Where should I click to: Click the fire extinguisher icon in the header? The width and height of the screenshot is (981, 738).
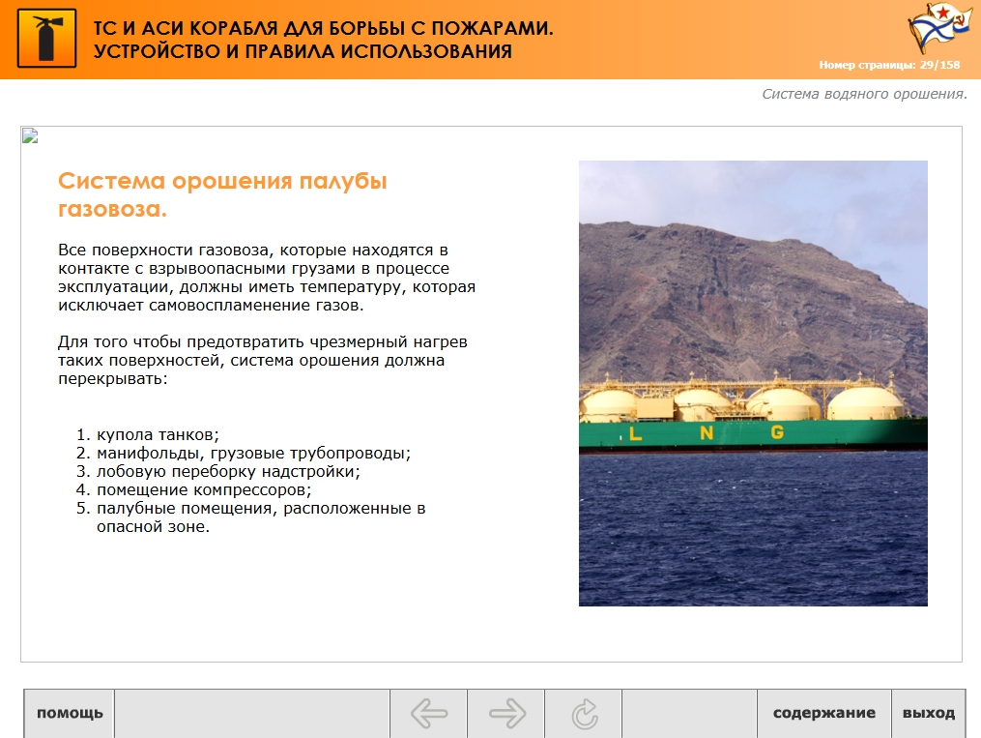[x=47, y=38]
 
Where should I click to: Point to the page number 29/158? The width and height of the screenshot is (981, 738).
[x=939, y=65]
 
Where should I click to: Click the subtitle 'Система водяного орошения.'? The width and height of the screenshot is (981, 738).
[x=865, y=94]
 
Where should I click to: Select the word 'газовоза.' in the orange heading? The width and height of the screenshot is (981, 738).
[x=113, y=209]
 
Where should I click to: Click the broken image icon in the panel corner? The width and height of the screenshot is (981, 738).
[x=30, y=135]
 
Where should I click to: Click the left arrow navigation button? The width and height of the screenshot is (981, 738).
[x=428, y=714]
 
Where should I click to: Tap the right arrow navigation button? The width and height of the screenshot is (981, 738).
[x=506, y=714]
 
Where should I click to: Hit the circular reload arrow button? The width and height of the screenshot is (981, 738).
[x=584, y=714]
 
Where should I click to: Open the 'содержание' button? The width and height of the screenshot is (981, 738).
[x=824, y=714]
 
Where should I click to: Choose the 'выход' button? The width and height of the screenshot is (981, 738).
[x=929, y=714]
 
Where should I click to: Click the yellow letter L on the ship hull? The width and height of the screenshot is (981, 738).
[x=636, y=433]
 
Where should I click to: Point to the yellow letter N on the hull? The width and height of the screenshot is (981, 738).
[x=707, y=432]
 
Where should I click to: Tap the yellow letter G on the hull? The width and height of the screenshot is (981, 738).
[x=777, y=432]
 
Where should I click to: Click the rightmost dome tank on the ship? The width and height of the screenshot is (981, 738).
[x=865, y=403]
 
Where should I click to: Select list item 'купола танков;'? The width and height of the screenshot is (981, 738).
[x=158, y=434]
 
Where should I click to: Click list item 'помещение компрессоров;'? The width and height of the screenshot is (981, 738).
[x=204, y=489]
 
